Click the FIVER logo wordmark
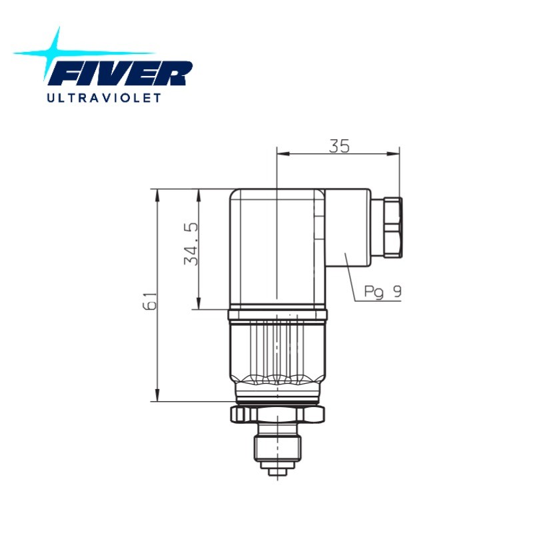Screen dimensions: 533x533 (x=121, y=73)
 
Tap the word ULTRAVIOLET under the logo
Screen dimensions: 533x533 (x=104, y=98)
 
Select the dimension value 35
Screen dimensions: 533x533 (x=339, y=146)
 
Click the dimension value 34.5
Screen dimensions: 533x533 (x=191, y=244)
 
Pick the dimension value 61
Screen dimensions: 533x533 (x=149, y=301)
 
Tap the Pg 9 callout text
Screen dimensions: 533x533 (x=382, y=292)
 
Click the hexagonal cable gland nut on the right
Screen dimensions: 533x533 (x=393, y=228)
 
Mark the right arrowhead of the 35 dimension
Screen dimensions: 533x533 (x=393, y=154)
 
